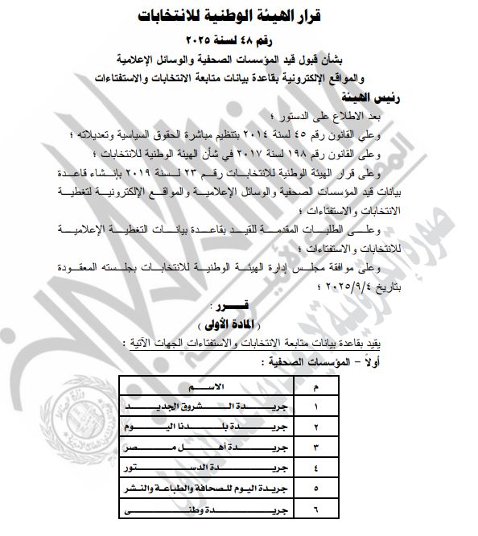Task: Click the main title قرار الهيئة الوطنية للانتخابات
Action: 239,14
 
